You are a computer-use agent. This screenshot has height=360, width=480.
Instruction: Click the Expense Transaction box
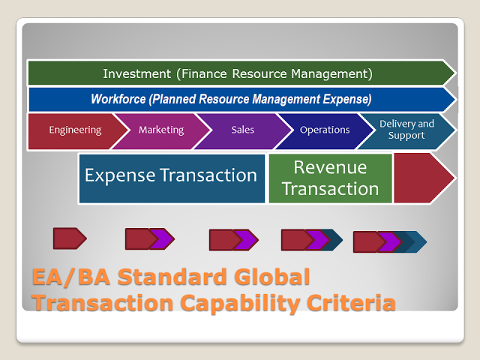click(x=172, y=178)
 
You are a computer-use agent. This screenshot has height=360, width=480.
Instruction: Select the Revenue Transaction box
click(x=330, y=178)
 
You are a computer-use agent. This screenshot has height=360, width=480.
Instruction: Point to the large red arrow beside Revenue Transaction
click(x=422, y=178)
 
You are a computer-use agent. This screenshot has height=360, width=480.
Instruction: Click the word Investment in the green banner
click(x=136, y=73)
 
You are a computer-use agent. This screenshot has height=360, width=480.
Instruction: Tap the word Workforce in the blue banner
click(x=118, y=99)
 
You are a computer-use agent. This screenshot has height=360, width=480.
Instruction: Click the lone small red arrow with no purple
click(x=70, y=238)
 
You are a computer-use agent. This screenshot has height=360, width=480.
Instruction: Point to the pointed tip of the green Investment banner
click(x=455, y=73)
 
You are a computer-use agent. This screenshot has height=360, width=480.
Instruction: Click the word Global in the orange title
click(x=271, y=277)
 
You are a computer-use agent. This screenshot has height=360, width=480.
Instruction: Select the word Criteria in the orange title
click(x=351, y=302)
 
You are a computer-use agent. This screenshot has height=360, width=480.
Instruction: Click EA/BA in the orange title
click(x=71, y=277)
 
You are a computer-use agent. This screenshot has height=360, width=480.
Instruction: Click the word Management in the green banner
click(x=331, y=73)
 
